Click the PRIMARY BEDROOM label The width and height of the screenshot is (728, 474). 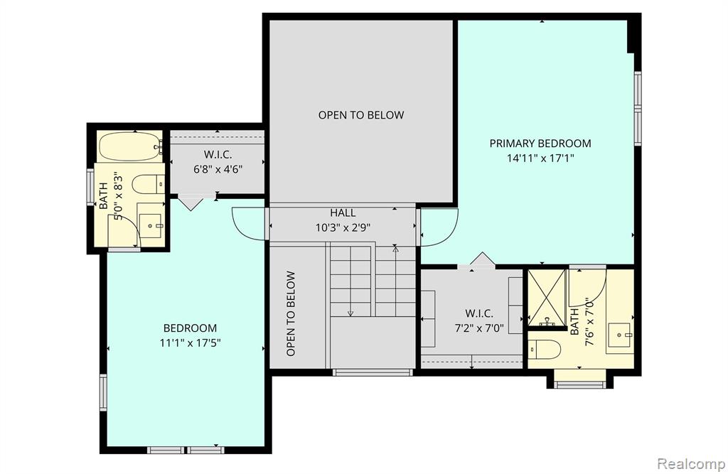(540, 144)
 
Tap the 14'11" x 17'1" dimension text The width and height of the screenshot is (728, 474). (540, 158)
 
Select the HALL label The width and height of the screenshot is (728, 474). (343, 213)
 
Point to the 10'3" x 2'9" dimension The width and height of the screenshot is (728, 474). (343, 228)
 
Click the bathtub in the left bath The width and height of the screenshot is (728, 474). (131, 146)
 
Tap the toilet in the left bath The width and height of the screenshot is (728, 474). (149, 184)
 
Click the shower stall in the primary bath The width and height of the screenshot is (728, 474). (547, 298)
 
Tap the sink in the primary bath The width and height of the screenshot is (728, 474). (621, 334)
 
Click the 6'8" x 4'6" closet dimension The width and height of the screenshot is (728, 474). (218, 169)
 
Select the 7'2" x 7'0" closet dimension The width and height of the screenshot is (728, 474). (479, 329)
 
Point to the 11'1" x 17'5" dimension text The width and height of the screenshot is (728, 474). (190, 343)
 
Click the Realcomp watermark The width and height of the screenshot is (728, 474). (691, 463)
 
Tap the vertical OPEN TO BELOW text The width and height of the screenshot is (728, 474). (291, 314)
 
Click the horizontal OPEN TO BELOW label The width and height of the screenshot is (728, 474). (361, 115)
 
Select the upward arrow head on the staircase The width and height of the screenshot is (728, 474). (395, 249)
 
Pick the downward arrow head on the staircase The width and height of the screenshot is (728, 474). (350, 313)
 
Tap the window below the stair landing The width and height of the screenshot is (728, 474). (373, 372)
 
